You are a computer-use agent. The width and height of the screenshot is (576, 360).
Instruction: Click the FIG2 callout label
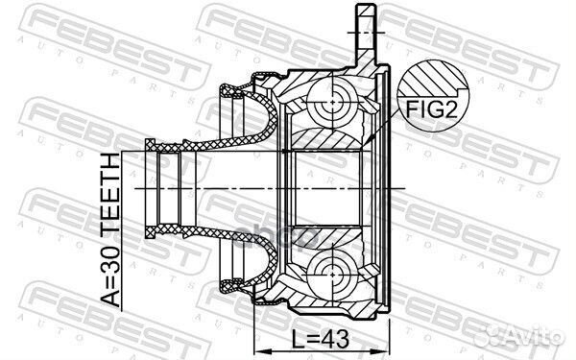coord(431,109)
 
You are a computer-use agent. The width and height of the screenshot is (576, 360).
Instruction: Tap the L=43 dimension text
coord(321,339)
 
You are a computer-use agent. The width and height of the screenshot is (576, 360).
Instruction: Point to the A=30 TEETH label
coord(110,229)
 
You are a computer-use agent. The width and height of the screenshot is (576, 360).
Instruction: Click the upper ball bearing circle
coord(332,102)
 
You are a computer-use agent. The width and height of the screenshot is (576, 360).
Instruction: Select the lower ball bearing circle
coord(332,274)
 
